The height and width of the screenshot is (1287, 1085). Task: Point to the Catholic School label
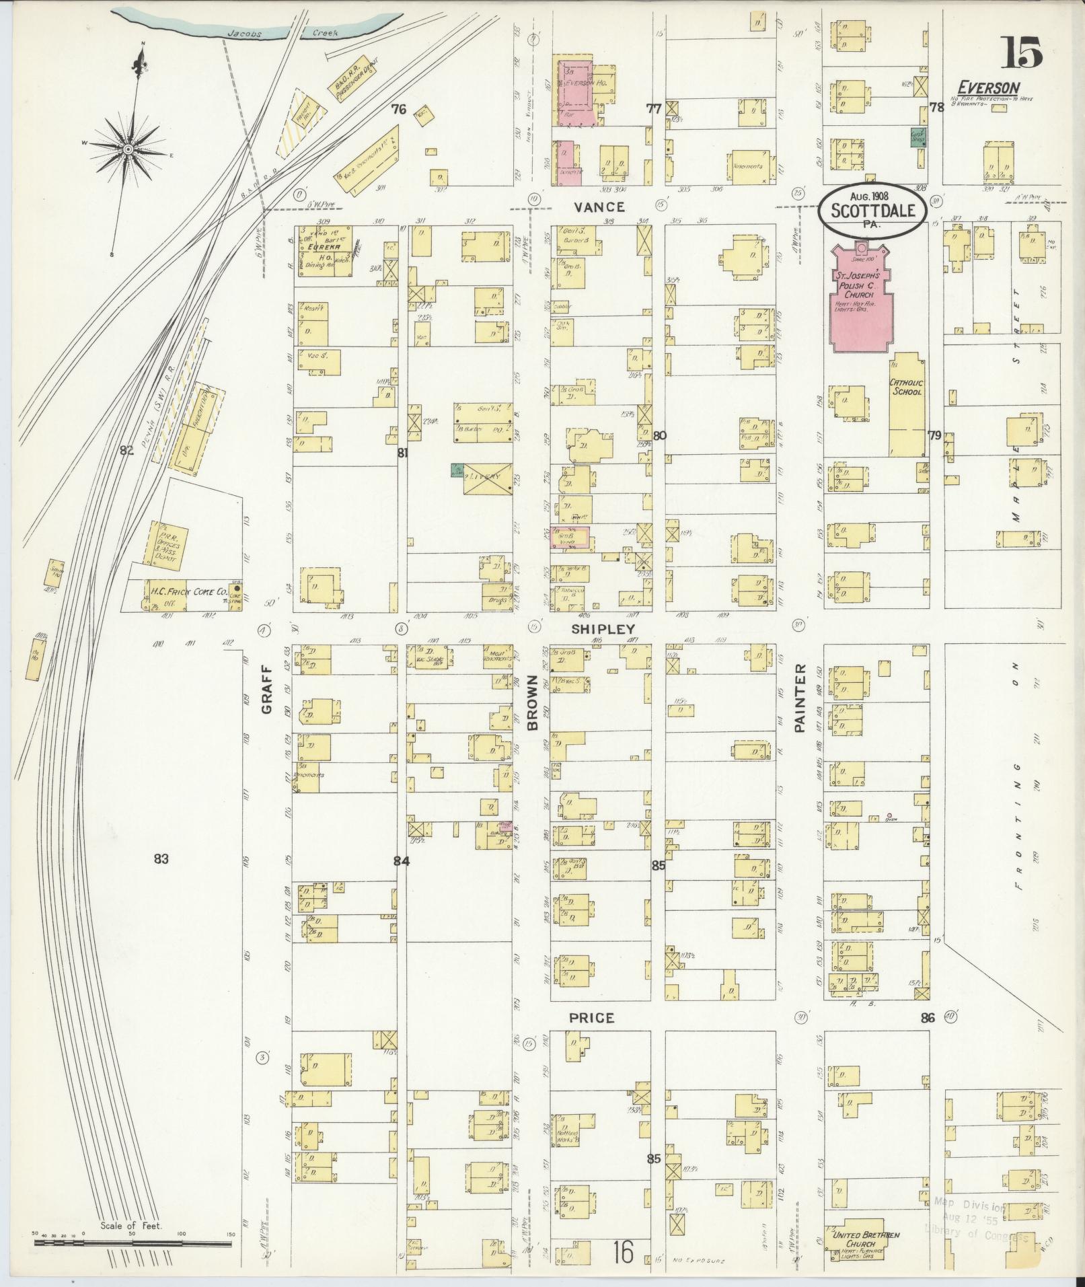point(905,387)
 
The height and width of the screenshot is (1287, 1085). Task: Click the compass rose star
point(128,148)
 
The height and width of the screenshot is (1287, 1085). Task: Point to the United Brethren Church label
point(866,1240)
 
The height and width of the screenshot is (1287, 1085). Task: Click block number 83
point(160,858)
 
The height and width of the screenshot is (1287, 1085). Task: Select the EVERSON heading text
point(988,87)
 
